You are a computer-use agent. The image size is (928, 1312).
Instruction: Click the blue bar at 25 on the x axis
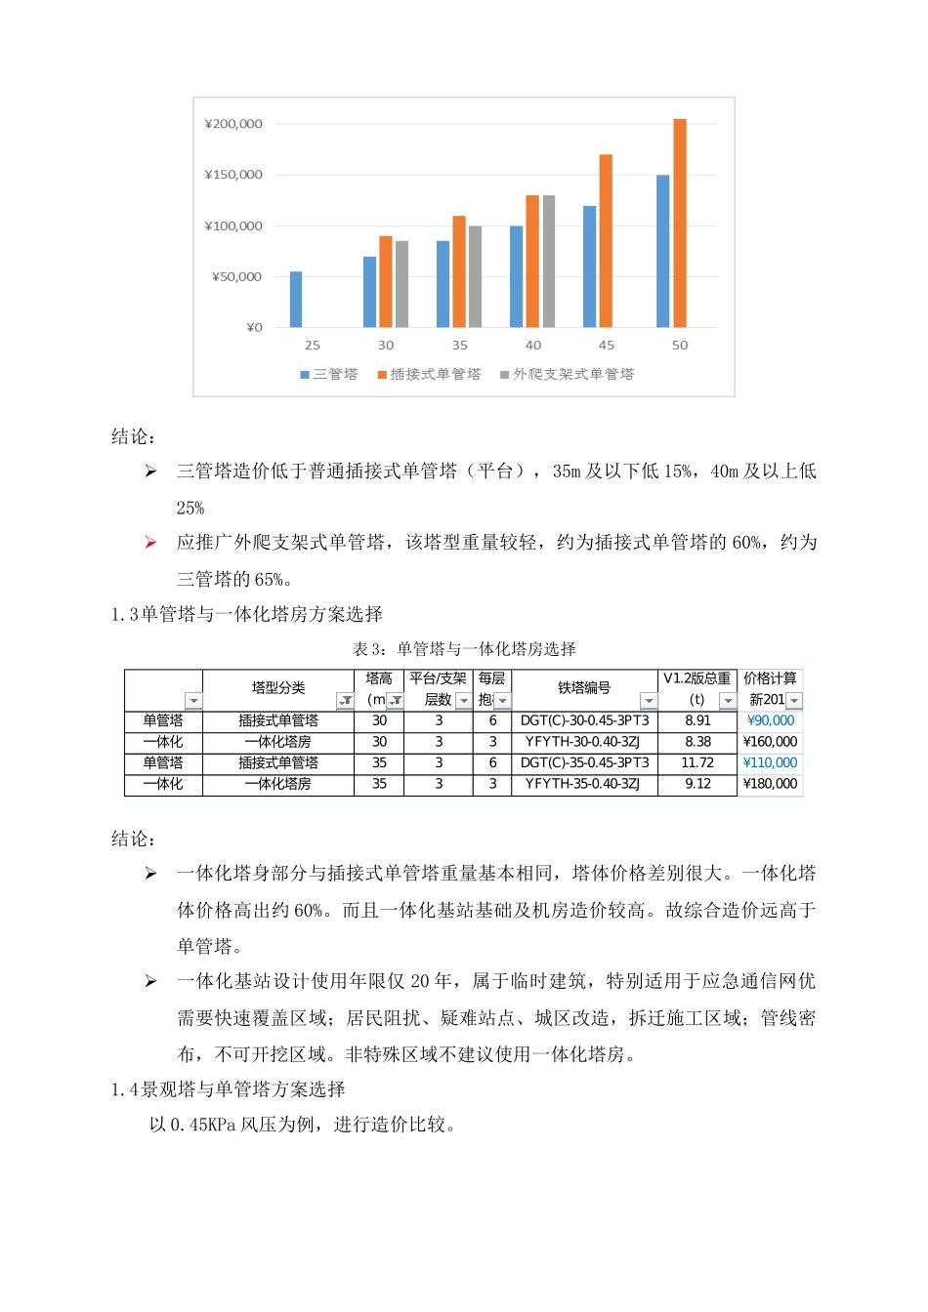[296, 300]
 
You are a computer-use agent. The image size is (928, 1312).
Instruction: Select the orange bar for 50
[680, 224]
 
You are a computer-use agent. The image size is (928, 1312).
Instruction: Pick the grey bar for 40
[549, 262]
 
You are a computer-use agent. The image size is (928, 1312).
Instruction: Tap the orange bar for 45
[606, 241]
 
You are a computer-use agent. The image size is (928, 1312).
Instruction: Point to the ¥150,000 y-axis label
[233, 175]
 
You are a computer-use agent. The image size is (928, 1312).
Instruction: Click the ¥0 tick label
[254, 328]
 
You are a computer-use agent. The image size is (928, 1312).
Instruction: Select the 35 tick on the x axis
[459, 346]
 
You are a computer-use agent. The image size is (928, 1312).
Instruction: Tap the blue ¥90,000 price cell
[770, 720]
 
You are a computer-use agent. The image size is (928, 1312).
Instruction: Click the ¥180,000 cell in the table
[770, 784]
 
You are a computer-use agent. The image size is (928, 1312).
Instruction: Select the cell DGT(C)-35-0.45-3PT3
[584, 762]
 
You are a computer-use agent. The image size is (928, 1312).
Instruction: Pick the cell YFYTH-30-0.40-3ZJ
[584, 742]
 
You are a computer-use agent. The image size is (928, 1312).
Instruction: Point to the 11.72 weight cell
[697, 762]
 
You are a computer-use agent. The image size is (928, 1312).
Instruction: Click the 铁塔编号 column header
[584, 688]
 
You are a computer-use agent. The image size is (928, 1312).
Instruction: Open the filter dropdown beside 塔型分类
[345, 701]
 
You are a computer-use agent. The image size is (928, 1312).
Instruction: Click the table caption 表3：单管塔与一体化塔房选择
[464, 649]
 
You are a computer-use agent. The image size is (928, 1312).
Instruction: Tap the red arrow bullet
[150, 543]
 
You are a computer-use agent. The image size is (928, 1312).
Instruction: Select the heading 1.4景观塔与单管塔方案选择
[229, 1089]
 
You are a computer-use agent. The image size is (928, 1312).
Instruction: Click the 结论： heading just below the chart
[134, 437]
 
